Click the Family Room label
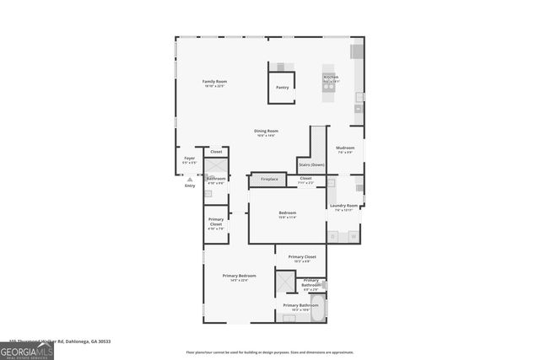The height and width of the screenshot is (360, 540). click(x=214, y=83)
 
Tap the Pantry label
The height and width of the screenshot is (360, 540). click(x=282, y=86)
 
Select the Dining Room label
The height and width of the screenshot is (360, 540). click(x=267, y=132)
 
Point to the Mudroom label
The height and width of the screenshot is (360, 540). click(x=345, y=149)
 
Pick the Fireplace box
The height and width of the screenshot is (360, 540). click(x=268, y=180)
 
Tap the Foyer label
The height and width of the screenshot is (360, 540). click(x=190, y=159)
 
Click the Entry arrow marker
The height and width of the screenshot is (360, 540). click(x=190, y=179)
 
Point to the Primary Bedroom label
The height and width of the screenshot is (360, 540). click(x=239, y=277)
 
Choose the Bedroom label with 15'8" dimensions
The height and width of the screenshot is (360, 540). click(x=287, y=214)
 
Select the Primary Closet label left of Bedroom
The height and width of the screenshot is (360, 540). click(x=216, y=224)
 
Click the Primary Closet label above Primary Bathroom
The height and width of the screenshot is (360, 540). click(x=301, y=258)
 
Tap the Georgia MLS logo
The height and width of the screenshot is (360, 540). click(x=27, y=351)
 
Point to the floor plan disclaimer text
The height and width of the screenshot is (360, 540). click(x=270, y=352)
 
